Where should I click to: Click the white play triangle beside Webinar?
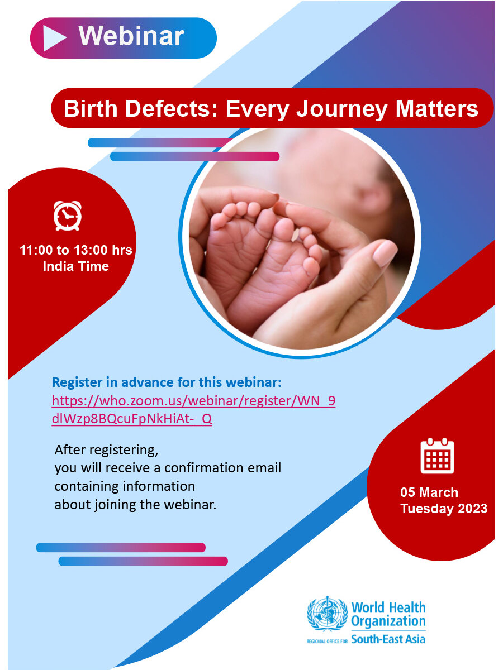pos(53,38)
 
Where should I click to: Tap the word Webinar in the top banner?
pos(131,36)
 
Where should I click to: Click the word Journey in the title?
pos(342,109)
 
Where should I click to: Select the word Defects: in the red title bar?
pos(172,108)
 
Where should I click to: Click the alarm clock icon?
pos(68,216)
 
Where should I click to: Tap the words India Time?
pos(76,266)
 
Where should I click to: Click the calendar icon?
pos(437,456)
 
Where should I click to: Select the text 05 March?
pos(429,492)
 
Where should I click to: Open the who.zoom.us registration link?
pos(193,410)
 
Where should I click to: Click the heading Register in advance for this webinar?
pos(167,382)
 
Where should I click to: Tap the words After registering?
pos(106,450)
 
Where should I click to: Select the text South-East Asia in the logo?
pos(388,639)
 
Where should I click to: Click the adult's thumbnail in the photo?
pos(384,253)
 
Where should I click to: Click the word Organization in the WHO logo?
pos(388,621)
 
